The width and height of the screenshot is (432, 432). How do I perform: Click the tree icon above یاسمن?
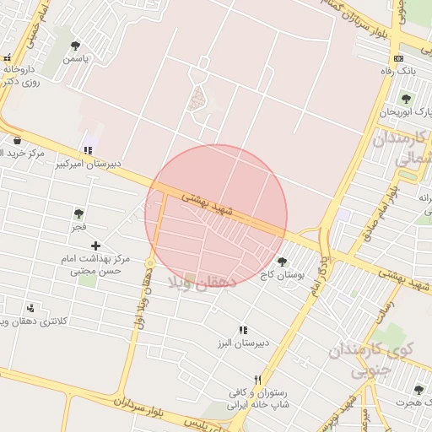pyautogui.click(x=75, y=46)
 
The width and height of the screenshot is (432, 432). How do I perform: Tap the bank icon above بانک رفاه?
pyautogui.click(x=398, y=58)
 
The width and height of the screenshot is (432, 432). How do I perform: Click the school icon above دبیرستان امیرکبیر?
pyautogui.click(x=88, y=150)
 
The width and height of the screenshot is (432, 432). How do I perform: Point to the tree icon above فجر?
pyautogui.click(x=78, y=214)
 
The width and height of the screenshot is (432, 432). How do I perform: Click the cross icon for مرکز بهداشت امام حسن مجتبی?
pyautogui.click(x=94, y=246)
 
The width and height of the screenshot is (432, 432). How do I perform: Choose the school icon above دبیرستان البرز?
pyautogui.click(x=243, y=330)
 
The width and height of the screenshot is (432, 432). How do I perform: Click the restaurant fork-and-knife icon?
pyautogui.click(x=258, y=380)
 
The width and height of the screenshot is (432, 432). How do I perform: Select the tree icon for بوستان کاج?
pyautogui.click(x=282, y=262)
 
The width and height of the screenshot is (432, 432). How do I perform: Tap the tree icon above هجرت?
pyautogui.click(x=418, y=389)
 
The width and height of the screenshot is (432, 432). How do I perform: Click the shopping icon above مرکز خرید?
pyautogui.click(x=17, y=140)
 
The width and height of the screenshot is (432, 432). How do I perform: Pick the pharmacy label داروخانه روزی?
pyautogui.click(x=22, y=76)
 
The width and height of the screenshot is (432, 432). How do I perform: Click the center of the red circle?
pyautogui.click(x=216, y=216)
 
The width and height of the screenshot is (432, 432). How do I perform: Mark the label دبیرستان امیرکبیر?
pyautogui.click(x=89, y=163)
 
